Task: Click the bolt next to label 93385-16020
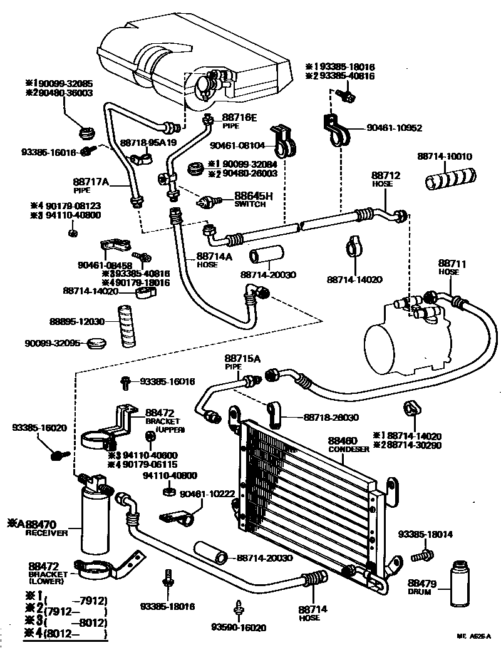(x=59, y=454)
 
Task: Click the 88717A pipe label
(x=91, y=182)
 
